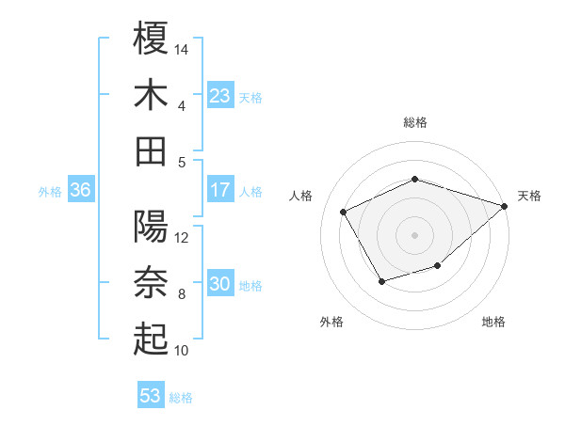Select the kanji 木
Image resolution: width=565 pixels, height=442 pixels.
pyautogui.click(x=152, y=95)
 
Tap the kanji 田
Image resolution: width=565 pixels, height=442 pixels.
pyautogui.click(x=152, y=150)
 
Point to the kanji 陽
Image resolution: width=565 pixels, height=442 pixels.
pyautogui.click(x=152, y=228)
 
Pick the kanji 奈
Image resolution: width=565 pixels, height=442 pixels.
pyautogui.click(x=152, y=283)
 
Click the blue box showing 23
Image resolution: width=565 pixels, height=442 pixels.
pyautogui.click(x=220, y=96)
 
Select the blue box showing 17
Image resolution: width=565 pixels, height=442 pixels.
pyautogui.click(x=220, y=190)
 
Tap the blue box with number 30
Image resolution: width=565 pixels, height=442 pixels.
pyautogui.click(x=220, y=285)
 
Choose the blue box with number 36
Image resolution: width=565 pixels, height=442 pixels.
pyautogui.click(x=80, y=190)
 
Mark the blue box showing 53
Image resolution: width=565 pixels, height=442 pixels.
pyautogui.click(x=151, y=396)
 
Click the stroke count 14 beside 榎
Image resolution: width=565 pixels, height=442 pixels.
pyautogui.click(x=183, y=48)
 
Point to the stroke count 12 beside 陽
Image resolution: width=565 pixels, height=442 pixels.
pyautogui.click(x=183, y=238)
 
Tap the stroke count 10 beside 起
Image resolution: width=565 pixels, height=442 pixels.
pyautogui.click(x=183, y=351)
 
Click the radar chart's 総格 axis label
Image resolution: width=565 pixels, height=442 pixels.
pyautogui.click(x=415, y=122)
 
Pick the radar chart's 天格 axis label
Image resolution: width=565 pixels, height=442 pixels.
pyautogui.click(x=529, y=196)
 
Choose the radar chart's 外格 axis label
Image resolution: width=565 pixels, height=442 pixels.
pyautogui.click(x=331, y=322)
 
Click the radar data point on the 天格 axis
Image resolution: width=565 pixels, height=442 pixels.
pyautogui.click(x=506, y=206)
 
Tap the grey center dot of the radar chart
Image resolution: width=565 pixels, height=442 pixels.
pyautogui.click(x=415, y=234)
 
